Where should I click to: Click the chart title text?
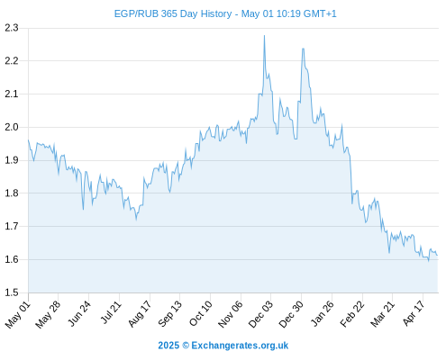[225, 13]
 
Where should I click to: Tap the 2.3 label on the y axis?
[12, 28]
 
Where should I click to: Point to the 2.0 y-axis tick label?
[12, 127]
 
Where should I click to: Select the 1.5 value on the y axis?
[12, 292]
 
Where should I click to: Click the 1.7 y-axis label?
[12, 226]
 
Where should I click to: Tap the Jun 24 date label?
[79, 313]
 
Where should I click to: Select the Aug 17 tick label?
[140, 314]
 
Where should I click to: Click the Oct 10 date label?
[201, 313]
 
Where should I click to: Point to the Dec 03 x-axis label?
[260, 314]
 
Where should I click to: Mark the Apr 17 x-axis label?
[414, 313]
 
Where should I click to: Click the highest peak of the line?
[264, 35]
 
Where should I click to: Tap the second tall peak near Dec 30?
[303, 49]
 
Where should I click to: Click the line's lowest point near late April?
[429, 261]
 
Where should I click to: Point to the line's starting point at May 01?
[29, 140]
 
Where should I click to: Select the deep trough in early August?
[136, 220]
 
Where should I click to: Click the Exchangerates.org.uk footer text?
[240, 346]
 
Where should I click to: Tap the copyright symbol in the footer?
[186, 346]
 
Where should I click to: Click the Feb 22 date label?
[352, 314]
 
